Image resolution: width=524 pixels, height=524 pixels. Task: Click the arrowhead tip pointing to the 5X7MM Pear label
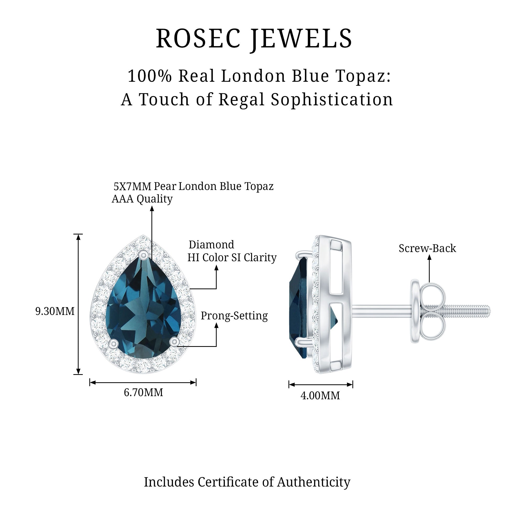[152, 206]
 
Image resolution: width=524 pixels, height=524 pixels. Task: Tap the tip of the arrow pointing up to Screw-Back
[429, 255]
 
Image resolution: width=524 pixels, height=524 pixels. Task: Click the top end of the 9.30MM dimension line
[78, 234]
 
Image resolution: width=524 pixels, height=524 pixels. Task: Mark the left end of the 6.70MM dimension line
[90, 383]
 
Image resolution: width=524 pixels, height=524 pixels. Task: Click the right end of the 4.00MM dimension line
[353, 384]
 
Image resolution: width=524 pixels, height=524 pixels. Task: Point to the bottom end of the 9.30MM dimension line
[78, 374]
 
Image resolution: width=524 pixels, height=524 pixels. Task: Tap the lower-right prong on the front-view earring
[174, 341]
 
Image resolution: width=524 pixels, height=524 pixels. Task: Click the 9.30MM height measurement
[55, 311]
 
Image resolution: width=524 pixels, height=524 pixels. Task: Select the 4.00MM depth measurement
[320, 396]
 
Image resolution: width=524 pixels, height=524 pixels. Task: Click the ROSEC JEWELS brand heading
[254, 39]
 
